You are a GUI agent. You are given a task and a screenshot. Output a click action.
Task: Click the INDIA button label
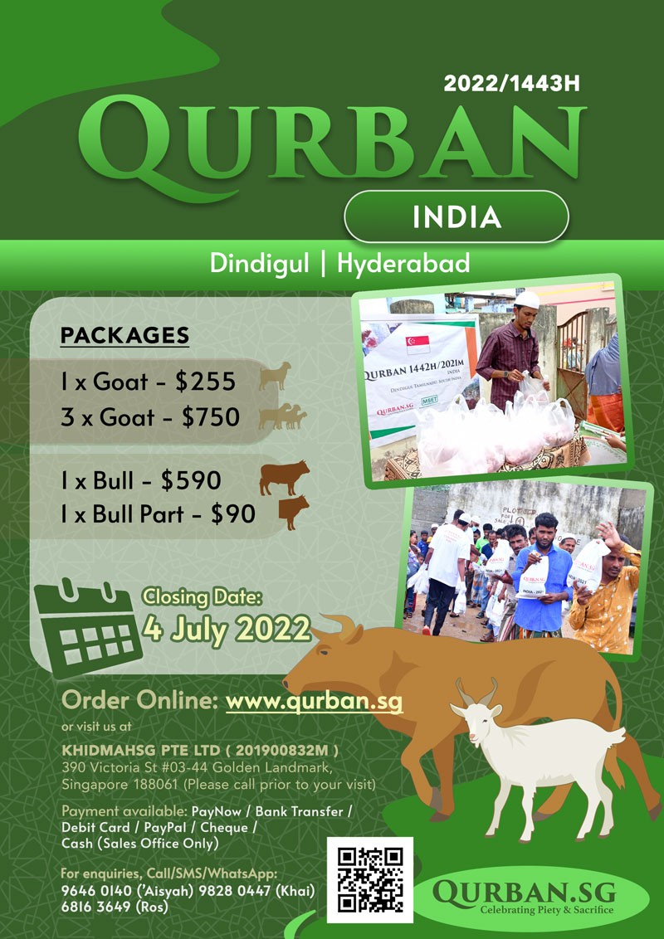pyautogui.click(x=456, y=217)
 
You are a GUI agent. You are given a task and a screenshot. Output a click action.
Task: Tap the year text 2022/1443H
pyautogui.click(x=512, y=83)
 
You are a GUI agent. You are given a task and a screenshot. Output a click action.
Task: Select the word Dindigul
pyautogui.click(x=260, y=264)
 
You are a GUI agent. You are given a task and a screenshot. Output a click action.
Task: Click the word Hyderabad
pyautogui.click(x=403, y=264)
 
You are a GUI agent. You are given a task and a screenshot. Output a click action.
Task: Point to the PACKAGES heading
pyautogui.click(x=124, y=335)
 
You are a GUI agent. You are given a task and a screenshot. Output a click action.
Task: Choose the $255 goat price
pyautogui.click(x=206, y=382)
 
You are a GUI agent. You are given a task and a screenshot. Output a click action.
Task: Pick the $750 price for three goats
pyautogui.click(x=211, y=417)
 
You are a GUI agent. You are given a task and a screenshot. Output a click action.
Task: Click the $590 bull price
pyautogui.click(x=191, y=481)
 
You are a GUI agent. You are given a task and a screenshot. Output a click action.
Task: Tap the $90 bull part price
pyautogui.click(x=233, y=514)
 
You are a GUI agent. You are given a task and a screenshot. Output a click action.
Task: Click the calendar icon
pyautogui.click(x=88, y=627)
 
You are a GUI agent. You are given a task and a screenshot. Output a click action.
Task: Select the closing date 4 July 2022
pyautogui.click(x=227, y=630)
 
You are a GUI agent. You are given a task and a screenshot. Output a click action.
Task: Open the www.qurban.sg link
pyautogui.click(x=314, y=701)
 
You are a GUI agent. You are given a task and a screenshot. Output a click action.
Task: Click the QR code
pyautogui.click(x=369, y=880)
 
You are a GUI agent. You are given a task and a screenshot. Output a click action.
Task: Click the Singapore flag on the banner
pyautogui.click(x=417, y=344)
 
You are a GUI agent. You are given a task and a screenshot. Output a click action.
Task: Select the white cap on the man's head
pyautogui.click(x=527, y=299)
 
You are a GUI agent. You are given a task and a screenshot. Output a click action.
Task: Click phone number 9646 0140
pyautogui.click(x=96, y=891)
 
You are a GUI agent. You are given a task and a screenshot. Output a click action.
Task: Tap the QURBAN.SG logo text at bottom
pyautogui.click(x=525, y=893)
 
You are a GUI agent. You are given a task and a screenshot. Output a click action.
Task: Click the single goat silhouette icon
pyautogui.click(x=275, y=377)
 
